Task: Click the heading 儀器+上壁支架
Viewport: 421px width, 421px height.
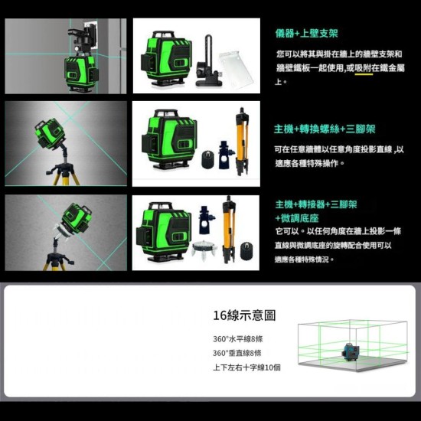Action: [x=306, y=34]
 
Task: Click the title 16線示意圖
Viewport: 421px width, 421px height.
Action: [x=244, y=315]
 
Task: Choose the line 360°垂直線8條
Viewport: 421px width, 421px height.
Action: [x=237, y=353]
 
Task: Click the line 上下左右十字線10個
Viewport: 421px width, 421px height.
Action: [x=246, y=367]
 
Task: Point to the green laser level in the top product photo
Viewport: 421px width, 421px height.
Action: [x=164, y=60]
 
